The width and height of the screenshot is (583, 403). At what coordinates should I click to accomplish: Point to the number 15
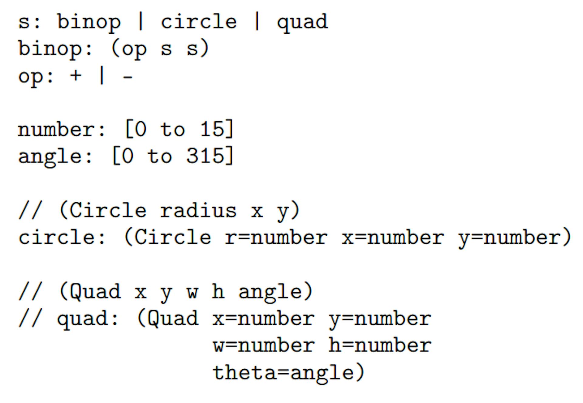click(x=212, y=129)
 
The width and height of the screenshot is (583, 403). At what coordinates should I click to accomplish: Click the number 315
click(x=205, y=156)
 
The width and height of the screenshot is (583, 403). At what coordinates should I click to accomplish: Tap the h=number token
click(x=380, y=345)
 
